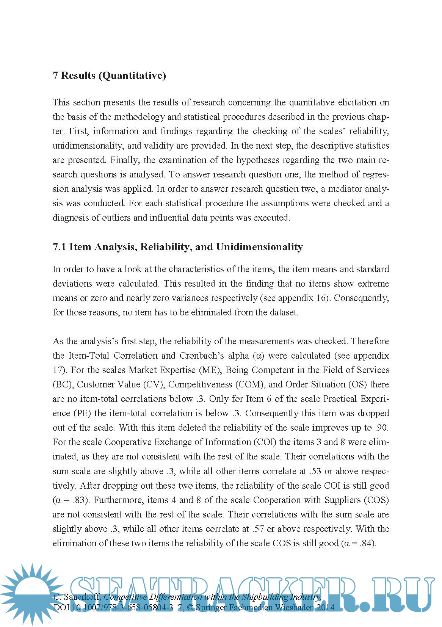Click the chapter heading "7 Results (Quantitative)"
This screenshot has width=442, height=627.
(109, 75)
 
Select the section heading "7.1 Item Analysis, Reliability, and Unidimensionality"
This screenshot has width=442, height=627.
(177, 247)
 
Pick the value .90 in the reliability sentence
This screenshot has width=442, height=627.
(381, 428)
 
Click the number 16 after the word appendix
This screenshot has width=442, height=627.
(321, 298)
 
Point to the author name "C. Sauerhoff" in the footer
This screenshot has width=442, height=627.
(77, 597)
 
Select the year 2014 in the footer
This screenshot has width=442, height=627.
(326, 607)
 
